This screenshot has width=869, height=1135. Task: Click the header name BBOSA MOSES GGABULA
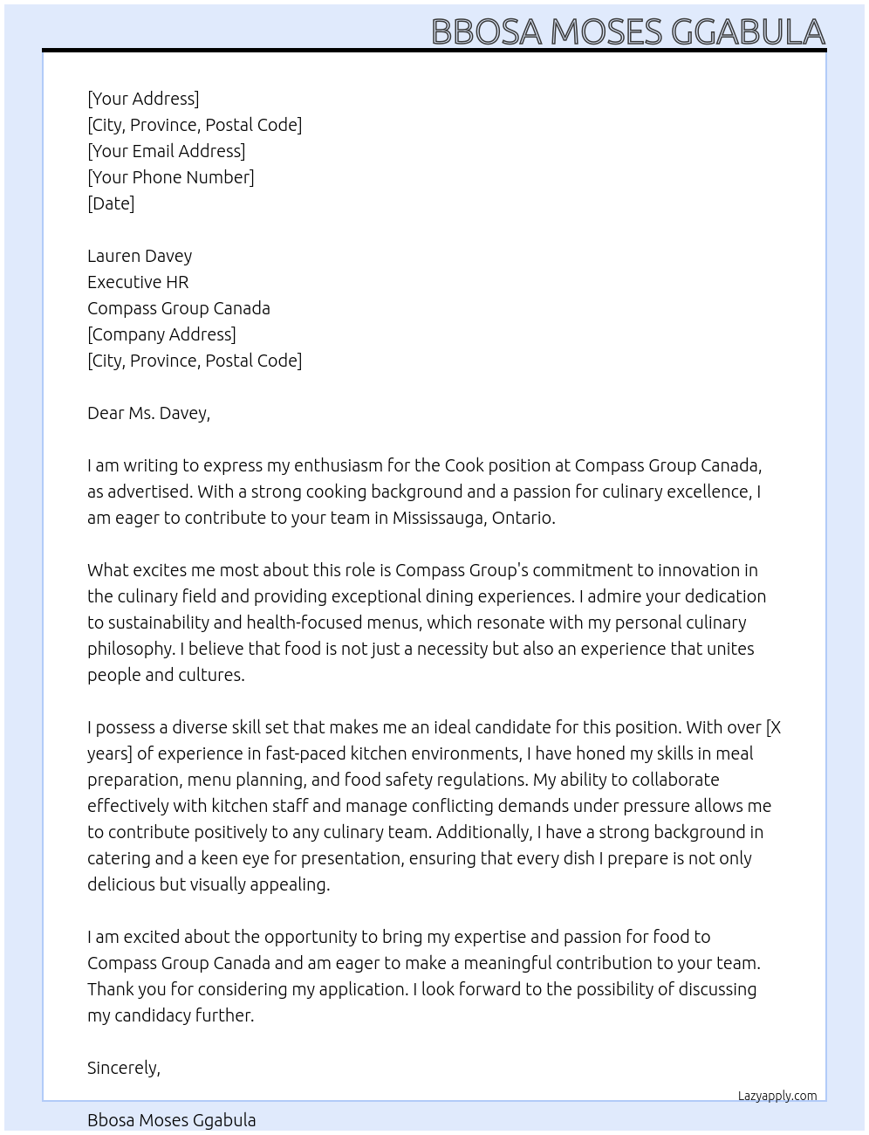[x=627, y=31]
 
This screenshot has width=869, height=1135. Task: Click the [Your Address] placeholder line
[x=143, y=99]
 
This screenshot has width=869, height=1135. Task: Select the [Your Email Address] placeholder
[x=166, y=151]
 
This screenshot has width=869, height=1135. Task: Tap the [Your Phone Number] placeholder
[x=170, y=177]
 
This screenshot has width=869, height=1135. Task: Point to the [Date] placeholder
[x=111, y=203]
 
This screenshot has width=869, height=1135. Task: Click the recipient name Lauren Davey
[x=140, y=256]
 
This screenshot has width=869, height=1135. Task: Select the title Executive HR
[x=138, y=282]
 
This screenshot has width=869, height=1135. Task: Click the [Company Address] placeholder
[x=161, y=334]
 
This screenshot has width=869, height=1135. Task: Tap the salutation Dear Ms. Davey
[x=148, y=413]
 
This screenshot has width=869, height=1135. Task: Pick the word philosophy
[x=129, y=649]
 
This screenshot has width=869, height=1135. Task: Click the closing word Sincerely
[x=123, y=1068]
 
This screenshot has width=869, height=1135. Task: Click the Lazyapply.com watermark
[x=777, y=1096]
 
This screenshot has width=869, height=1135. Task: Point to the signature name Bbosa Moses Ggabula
[x=171, y=1120]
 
